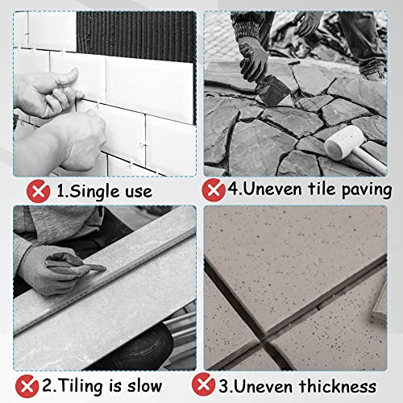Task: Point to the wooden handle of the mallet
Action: (x=375, y=158)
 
